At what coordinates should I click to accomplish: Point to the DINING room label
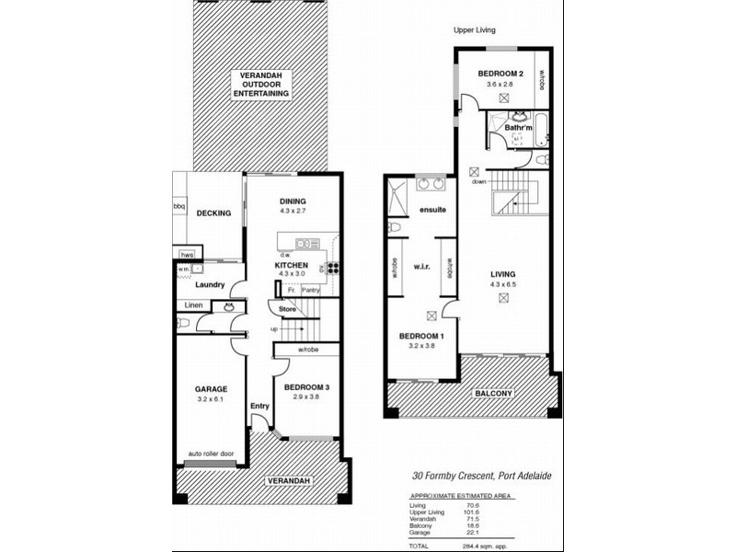coord(293,201)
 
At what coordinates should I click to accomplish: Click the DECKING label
coord(213,213)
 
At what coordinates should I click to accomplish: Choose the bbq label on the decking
coord(179,207)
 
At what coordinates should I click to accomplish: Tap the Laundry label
coord(209,285)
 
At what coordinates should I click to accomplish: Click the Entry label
coord(259,406)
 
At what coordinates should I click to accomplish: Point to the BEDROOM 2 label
coord(501,72)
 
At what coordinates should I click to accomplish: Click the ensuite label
coord(432,211)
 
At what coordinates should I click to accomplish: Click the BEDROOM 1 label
coord(420,337)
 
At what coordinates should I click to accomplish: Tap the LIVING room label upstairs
coord(502,273)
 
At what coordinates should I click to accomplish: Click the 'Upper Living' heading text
coord(475,30)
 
